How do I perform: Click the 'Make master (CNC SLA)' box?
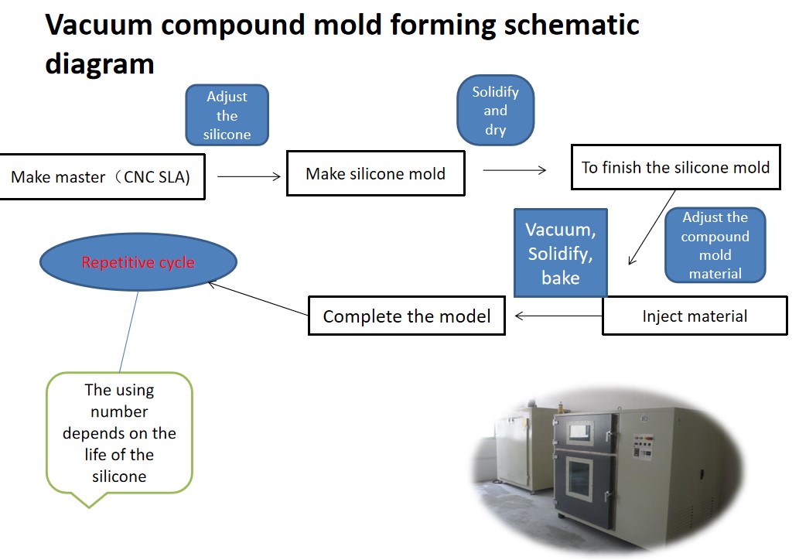[101, 177]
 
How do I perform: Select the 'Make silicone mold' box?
[375, 173]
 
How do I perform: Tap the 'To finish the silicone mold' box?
[675, 167]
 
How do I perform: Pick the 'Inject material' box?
[695, 316]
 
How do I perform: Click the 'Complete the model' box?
[406, 316]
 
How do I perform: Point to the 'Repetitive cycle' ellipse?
[138, 262]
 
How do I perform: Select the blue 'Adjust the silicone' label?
[227, 115]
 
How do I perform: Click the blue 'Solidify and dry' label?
[495, 110]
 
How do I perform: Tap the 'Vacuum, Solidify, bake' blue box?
[560, 253]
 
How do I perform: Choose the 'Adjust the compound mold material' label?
[715, 245]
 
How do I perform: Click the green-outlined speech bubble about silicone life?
[119, 432]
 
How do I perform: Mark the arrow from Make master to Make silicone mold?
[248, 176]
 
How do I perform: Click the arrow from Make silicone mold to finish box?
[514, 170]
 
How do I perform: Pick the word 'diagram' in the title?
[99, 63]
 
